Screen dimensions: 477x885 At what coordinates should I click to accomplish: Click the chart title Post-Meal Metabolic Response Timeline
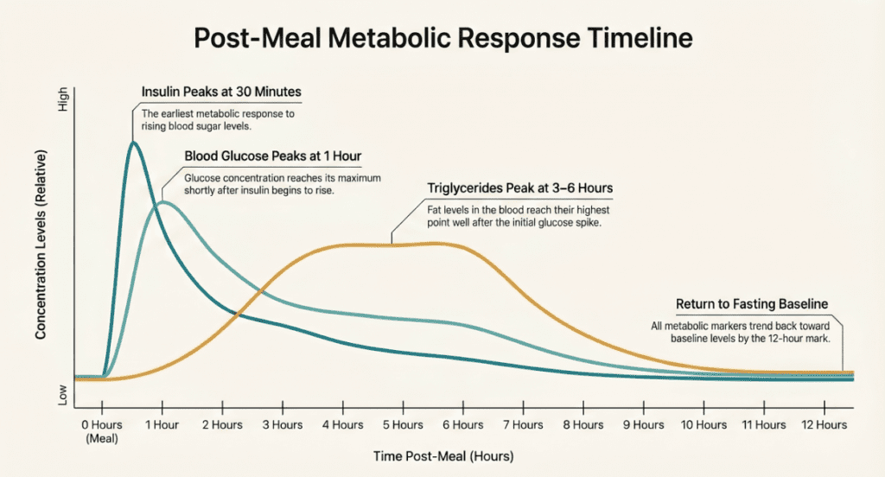pos(442,40)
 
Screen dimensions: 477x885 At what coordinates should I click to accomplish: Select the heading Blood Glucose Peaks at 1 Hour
pos(272,156)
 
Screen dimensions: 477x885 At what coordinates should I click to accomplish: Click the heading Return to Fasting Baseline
pos(751,304)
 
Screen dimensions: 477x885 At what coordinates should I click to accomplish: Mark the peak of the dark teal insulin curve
pos(133,143)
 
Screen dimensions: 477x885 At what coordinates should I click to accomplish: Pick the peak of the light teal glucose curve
pos(162,202)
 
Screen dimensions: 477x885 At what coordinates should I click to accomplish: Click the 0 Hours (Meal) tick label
pos(102,430)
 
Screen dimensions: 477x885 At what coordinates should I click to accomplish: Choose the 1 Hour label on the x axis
pos(162,425)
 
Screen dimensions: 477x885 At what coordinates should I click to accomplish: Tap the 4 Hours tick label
pos(342,425)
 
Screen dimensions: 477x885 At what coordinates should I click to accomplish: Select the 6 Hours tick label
pos(462,425)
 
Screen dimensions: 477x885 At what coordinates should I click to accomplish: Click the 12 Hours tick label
pos(824,425)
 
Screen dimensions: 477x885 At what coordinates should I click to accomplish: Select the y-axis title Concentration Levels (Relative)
pos(41,244)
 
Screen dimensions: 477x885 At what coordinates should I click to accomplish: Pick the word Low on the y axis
pos(61,395)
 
